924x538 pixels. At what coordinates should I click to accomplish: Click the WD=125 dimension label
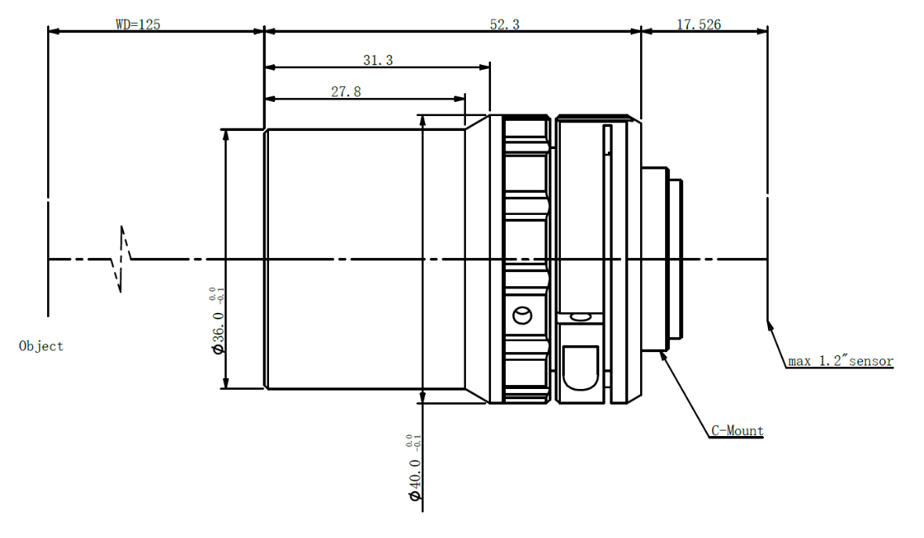138,24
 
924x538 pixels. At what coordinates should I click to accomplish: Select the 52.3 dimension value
504,24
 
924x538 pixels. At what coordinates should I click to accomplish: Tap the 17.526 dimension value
698,24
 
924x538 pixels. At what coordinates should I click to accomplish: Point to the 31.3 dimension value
378,60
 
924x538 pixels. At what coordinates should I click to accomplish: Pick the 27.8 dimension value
346,91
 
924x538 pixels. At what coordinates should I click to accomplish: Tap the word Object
41,346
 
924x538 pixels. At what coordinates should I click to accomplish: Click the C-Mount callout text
737,431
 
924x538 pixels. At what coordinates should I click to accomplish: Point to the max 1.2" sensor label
840,361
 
